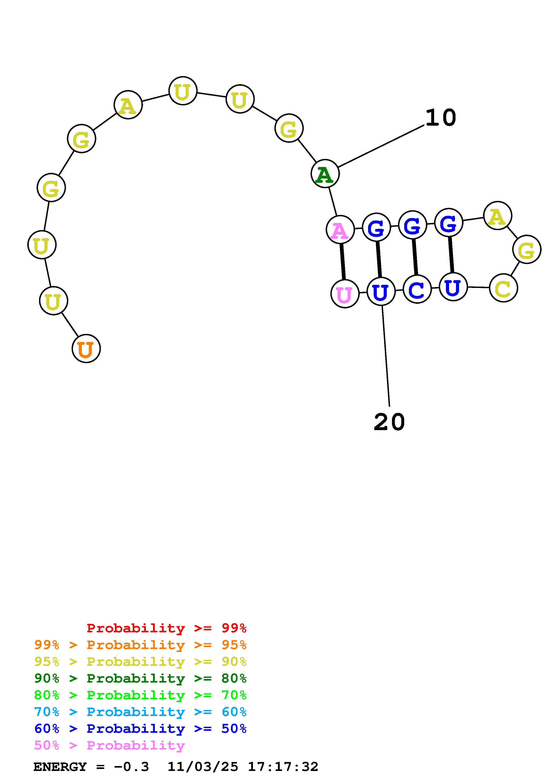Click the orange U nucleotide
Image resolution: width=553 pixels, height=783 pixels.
click(x=86, y=348)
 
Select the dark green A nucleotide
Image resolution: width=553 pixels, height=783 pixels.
click(x=325, y=174)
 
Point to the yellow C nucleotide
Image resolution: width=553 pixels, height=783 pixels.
click(x=503, y=288)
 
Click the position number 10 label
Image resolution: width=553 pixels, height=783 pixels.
click(x=441, y=118)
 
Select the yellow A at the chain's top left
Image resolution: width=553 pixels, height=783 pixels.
click(x=128, y=105)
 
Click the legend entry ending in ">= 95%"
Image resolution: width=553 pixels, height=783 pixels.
click(x=140, y=645)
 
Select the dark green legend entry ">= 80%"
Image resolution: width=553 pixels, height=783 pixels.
click(x=140, y=678)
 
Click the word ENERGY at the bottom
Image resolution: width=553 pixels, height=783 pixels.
click(x=60, y=767)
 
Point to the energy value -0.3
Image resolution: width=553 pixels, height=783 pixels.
click(x=132, y=767)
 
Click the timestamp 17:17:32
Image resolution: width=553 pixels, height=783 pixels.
click(x=283, y=767)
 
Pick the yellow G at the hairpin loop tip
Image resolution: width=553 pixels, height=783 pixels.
click(x=526, y=250)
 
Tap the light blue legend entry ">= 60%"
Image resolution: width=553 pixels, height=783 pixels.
click(x=140, y=712)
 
